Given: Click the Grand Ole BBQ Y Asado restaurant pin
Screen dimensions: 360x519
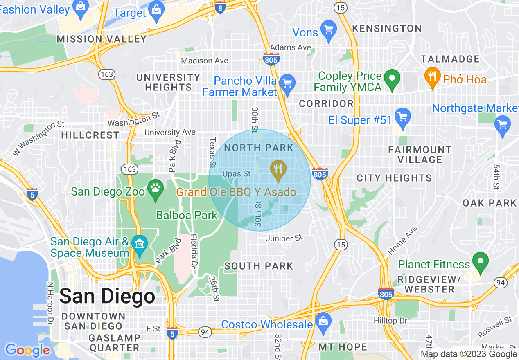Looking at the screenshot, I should coord(278,170).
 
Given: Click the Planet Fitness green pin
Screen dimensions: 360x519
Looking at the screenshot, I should coord(481,261).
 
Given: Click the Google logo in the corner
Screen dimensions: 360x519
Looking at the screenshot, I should coord(27,350).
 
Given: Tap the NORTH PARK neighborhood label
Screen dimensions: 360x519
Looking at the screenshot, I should coord(259,148).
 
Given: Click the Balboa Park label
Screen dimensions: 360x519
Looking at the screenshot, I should coord(187,215).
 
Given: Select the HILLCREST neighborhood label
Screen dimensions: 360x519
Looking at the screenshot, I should coord(90,135).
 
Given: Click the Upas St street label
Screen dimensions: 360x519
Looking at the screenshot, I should coord(236,174).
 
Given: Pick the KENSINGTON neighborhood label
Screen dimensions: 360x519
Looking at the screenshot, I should coord(387,29).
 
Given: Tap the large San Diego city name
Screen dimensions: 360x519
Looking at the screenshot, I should coord(107,296).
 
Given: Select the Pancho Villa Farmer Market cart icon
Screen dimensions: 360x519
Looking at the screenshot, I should coord(287,83).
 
